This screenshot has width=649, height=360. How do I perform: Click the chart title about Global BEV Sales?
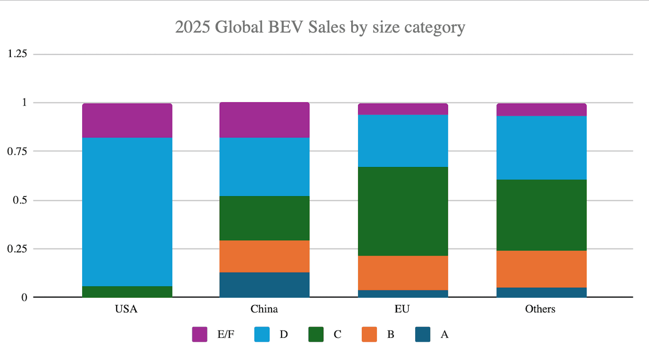tap(320, 27)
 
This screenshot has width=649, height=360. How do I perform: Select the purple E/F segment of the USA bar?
tap(127, 121)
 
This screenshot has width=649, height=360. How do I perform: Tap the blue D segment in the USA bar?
tap(127, 212)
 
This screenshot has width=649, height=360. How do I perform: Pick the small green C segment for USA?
tap(127, 292)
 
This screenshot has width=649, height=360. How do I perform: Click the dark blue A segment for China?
tap(264, 285)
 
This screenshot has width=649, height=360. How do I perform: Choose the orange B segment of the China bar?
tap(264, 256)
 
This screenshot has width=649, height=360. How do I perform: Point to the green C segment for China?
tap(264, 218)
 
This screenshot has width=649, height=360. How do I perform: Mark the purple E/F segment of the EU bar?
tap(403, 109)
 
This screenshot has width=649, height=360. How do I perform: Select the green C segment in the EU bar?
tap(403, 211)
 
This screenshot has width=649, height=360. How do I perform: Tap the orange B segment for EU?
tap(403, 273)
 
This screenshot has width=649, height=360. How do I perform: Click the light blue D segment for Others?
tap(541, 148)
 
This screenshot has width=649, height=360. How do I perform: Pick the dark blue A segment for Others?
tap(541, 292)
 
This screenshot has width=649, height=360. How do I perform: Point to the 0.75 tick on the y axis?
tap(17, 151)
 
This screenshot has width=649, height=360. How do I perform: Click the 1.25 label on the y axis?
tap(17, 54)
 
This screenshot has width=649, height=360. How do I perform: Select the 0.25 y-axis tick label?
tap(17, 249)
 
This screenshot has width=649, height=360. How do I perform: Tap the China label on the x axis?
tap(264, 309)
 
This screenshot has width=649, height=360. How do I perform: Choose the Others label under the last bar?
tap(540, 309)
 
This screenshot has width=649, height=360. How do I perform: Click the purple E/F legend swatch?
tap(199, 335)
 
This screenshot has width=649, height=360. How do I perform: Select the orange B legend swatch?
tap(369, 335)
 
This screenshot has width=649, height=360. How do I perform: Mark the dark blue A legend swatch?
tap(422, 335)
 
